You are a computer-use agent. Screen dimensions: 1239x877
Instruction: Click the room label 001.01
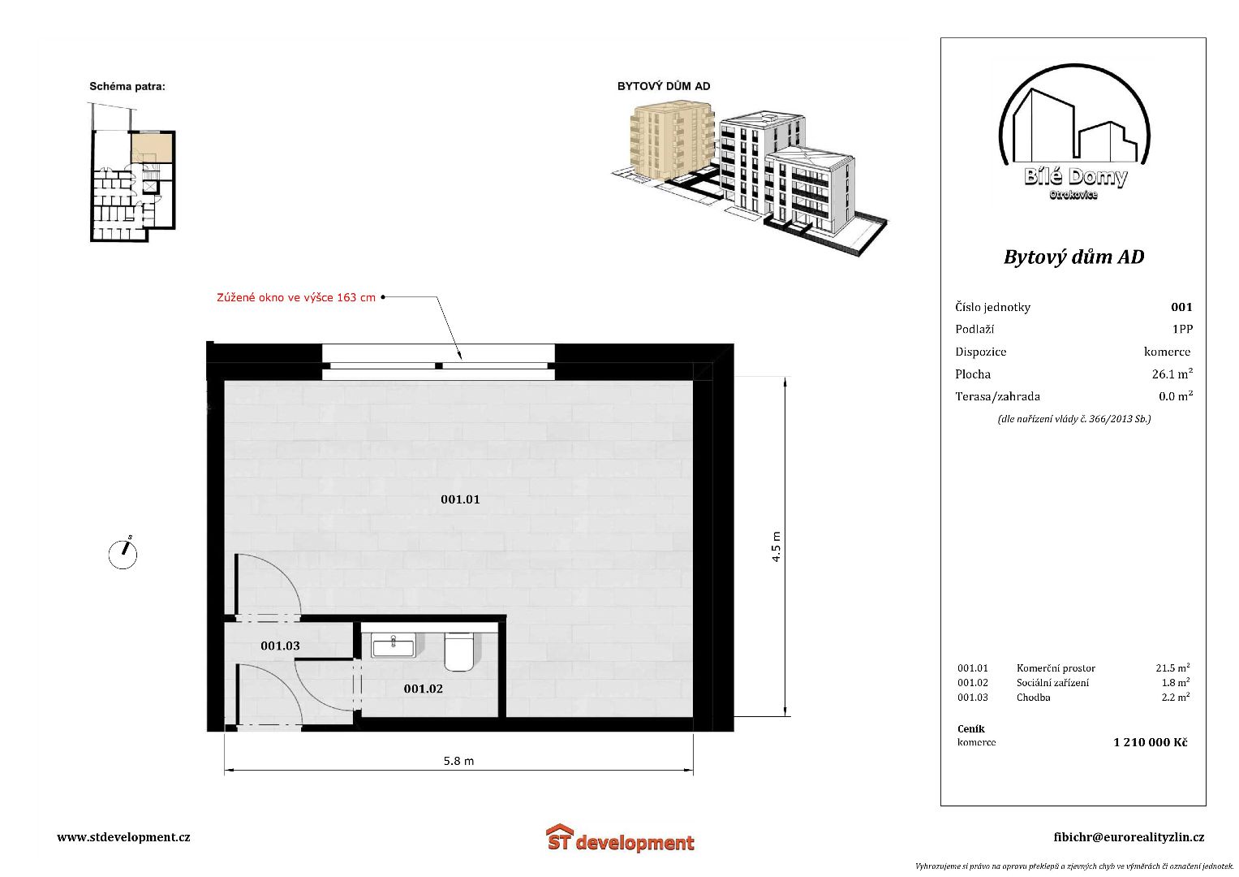coord(460,499)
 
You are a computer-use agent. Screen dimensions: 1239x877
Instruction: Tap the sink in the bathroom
coord(394,646)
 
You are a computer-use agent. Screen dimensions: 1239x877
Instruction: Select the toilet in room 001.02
coord(459,651)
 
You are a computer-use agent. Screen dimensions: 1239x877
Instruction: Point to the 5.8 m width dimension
coord(458,762)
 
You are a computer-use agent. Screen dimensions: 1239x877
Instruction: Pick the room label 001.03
coord(280,646)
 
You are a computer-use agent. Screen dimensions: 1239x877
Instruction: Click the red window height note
coord(296,297)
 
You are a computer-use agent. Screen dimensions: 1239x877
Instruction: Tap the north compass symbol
coord(123,554)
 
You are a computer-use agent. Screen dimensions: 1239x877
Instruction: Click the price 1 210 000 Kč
coord(1150,742)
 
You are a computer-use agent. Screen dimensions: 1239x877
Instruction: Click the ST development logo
coord(620,838)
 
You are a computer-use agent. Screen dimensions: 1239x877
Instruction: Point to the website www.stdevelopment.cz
coord(123,837)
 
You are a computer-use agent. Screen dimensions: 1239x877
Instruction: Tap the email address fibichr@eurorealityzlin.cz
coord(1129,837)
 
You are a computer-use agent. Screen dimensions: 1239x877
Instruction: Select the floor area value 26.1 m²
coord(1172,374)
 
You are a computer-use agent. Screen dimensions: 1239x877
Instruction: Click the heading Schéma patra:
coord(127,86)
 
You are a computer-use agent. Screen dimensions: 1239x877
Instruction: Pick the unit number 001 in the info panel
coord(1181,307)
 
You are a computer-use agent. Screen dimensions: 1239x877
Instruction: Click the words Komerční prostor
coord(1056,668)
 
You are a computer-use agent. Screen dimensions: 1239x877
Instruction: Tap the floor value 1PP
coord(1182,330)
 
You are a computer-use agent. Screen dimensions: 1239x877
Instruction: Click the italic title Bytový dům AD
coord(1073,257)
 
